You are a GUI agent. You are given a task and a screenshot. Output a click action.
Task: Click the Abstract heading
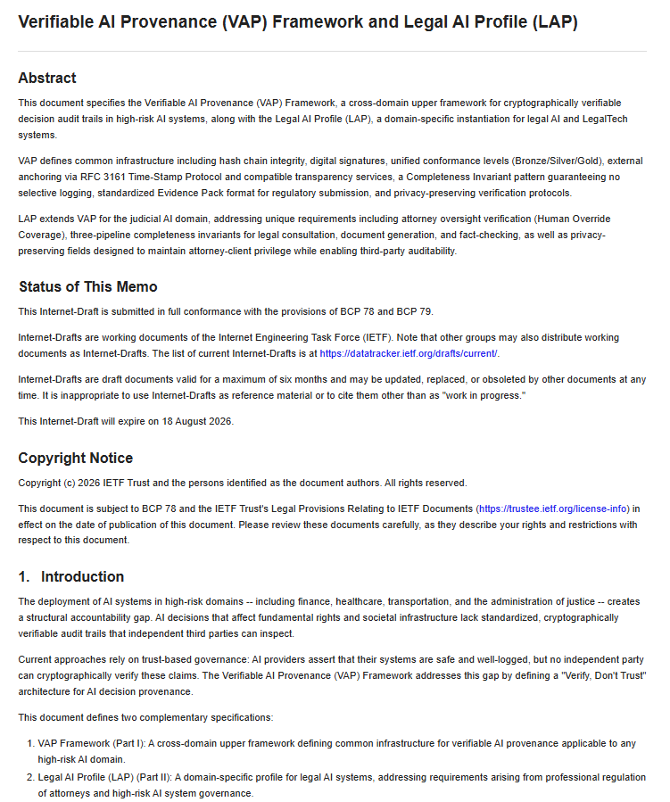47,78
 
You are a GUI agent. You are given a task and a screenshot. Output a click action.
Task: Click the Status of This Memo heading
87,286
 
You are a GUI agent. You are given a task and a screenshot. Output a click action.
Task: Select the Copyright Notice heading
75,458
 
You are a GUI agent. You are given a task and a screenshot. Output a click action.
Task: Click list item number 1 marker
29,743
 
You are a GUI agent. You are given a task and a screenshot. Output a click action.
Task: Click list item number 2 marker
29,778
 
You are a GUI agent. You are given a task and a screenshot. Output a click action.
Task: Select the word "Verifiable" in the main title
55,22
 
